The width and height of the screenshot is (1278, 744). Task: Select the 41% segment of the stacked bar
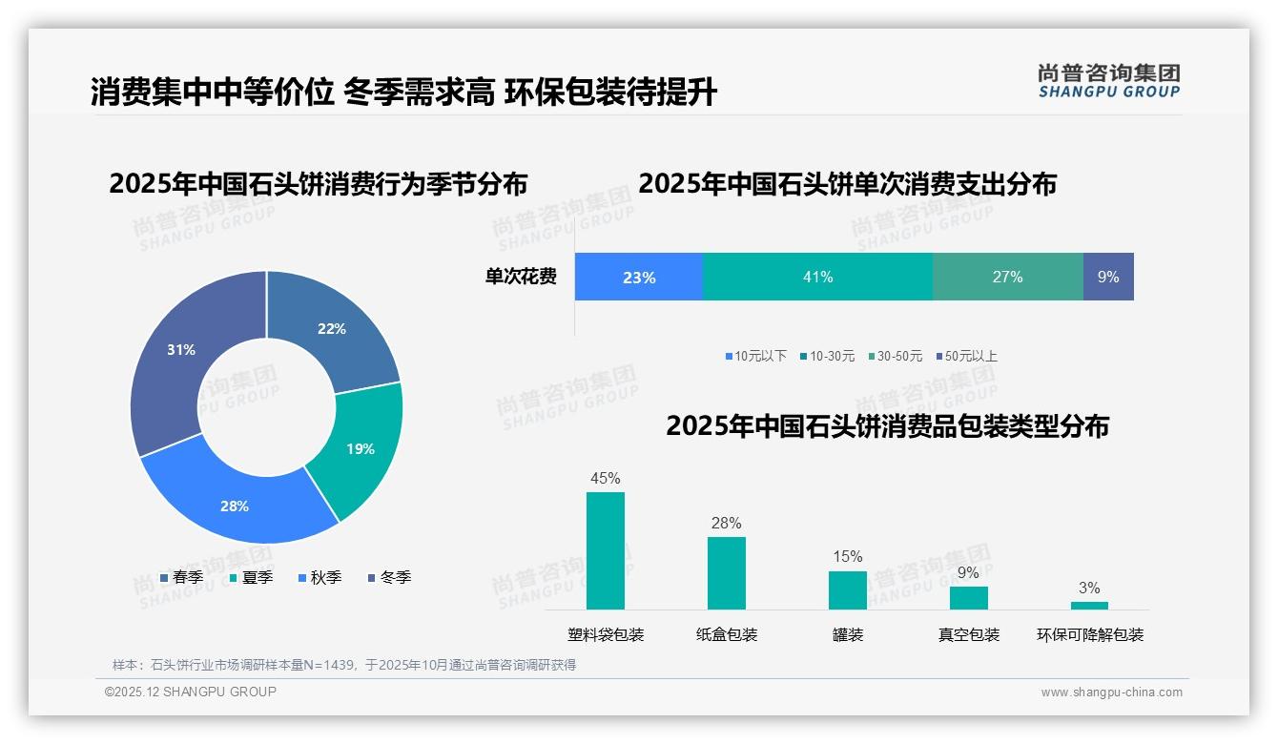point(817,277)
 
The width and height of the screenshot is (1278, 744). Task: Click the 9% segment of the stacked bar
point(1108,277)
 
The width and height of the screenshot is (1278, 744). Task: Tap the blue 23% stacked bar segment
point(638,277)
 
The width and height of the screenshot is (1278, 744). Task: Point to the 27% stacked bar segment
point(1007,277)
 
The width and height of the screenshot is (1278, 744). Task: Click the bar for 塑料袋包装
point(606,550)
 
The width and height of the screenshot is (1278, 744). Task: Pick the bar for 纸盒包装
point(727,572)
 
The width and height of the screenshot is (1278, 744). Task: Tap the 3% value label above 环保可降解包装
point(1089,588)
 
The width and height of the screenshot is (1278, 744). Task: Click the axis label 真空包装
point(969,634)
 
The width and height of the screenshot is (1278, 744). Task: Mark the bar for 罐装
point(848,589)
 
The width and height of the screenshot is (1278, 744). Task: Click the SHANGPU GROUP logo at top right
point(1109,81)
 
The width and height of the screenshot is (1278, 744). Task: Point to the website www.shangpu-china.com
point(1111,692)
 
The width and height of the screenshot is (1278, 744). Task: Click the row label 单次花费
point(521,277)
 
